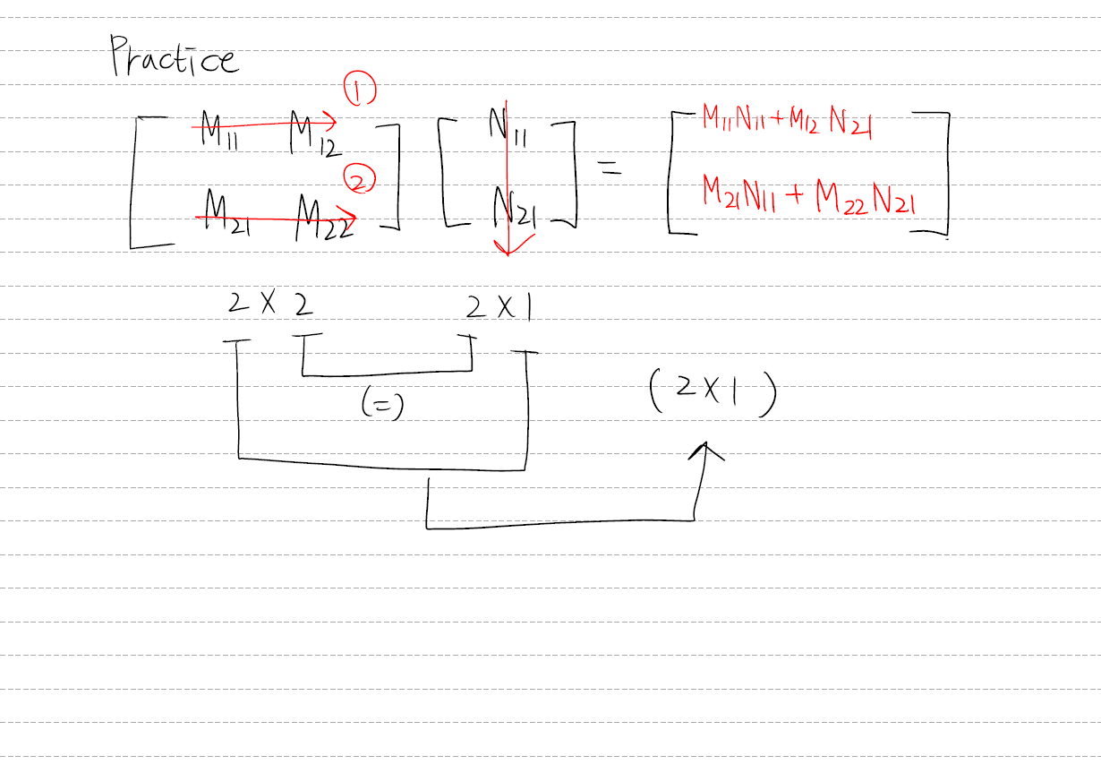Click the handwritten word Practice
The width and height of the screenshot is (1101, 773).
pyautogui.click(x=175, y=57)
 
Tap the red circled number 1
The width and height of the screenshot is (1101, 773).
pyautogui.click(x=359, y=90)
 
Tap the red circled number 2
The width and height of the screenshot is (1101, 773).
pyautogui.click(x=358, y=183)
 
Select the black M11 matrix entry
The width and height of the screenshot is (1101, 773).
pyautogui.click(x=218, y=133)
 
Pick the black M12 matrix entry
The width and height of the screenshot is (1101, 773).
pyautogui.click(x=314, y=135)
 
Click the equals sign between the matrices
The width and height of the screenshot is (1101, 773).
pyautogui.click(x=610, y=167)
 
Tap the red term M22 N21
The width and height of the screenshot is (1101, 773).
pyautogui.click(x=866, y=202)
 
